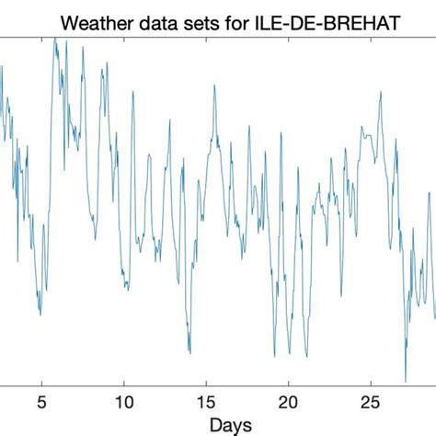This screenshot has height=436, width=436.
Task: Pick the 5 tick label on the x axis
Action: tap(40, 403)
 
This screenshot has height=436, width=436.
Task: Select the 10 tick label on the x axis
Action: tap(123, 403)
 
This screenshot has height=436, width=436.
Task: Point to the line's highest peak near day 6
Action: tap(54, 39)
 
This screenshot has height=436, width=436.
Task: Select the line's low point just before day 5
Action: tap(40, 315)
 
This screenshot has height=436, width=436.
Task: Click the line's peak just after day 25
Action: tap(380, 91)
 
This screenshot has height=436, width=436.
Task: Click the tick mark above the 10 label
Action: tap(123, 387)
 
